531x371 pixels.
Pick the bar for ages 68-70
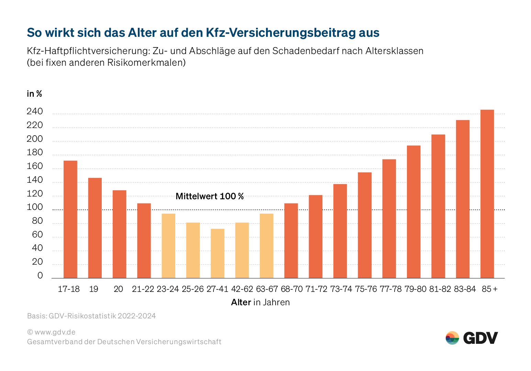[x=291, y=241]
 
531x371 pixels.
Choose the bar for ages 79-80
[x=413, y=212]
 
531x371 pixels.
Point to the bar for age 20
[x=119, y=234]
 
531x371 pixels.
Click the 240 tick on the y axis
[x=35, y=112]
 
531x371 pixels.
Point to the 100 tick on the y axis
[x=35, y=207]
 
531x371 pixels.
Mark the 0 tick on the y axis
[x=40, y=275]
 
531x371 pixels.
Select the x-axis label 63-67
[x=267, y=289]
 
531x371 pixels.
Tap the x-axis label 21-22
[x=143, y=289]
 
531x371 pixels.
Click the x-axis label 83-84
[x=465, y=289]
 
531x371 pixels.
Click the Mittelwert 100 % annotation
[x=210, y=197]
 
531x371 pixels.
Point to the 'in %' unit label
[x=34, y=94]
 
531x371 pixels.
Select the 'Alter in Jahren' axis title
[x=260, y=303]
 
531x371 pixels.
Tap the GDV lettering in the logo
[x=480, y=338]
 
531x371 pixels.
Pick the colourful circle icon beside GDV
[x=452, y=338]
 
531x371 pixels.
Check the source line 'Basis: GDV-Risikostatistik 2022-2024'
[x=91, y=316]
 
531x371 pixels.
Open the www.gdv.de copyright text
[x=51, y=332]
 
